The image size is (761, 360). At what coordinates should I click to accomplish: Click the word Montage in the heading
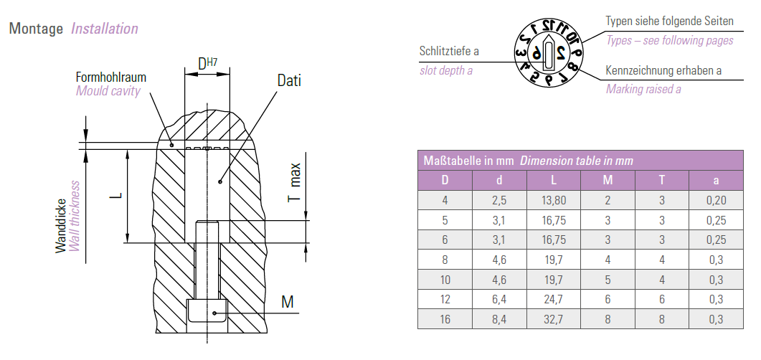pos(36,29)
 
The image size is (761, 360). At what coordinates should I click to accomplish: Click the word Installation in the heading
pos(105,29)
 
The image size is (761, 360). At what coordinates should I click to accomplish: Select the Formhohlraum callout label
pos(110,77)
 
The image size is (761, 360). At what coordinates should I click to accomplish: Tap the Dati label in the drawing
pos(289,80)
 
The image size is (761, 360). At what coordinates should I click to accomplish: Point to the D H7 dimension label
pos(207,63)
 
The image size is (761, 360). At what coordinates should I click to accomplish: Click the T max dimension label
pos(295,182)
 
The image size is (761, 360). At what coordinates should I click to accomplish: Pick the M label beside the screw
pos(288,302)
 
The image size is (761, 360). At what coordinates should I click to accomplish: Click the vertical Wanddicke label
pos(60,226)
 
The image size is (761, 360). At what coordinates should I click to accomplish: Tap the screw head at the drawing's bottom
pos(207,311)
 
